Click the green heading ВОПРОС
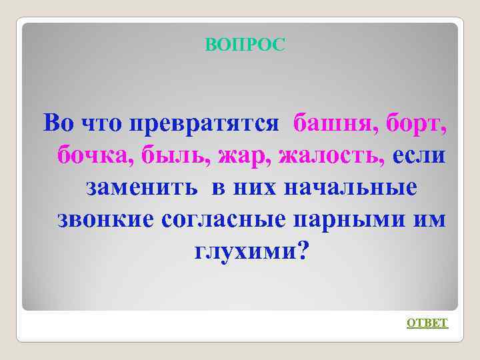(x=245, y=45)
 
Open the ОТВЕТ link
(x=427, y=323)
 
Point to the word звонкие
(x=106, y=219)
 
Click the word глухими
(x=243, y=251)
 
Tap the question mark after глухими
(x=303, y=251)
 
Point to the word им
(x=431, y=219)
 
